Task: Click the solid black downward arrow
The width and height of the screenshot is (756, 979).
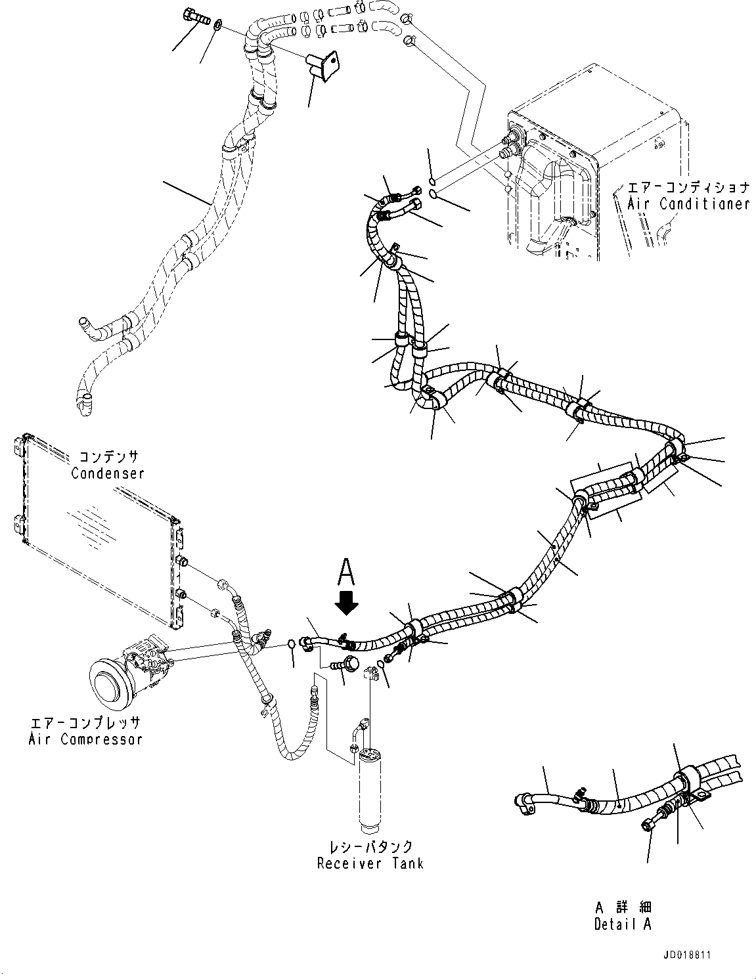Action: tap(347, 601)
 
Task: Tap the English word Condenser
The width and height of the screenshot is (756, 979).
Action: tap(108, 473)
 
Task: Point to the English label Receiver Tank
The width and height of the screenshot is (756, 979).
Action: tap(370, 863)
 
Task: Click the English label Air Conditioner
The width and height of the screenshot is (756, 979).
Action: tap(688, 204)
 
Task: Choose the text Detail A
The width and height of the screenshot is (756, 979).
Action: tap(623, 924)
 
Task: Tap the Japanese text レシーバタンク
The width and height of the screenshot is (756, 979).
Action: tap(370, 846)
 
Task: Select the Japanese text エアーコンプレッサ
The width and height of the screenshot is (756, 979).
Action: tap(85, 722)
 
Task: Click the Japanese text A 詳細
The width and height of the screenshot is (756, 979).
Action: tap(623, 907)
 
